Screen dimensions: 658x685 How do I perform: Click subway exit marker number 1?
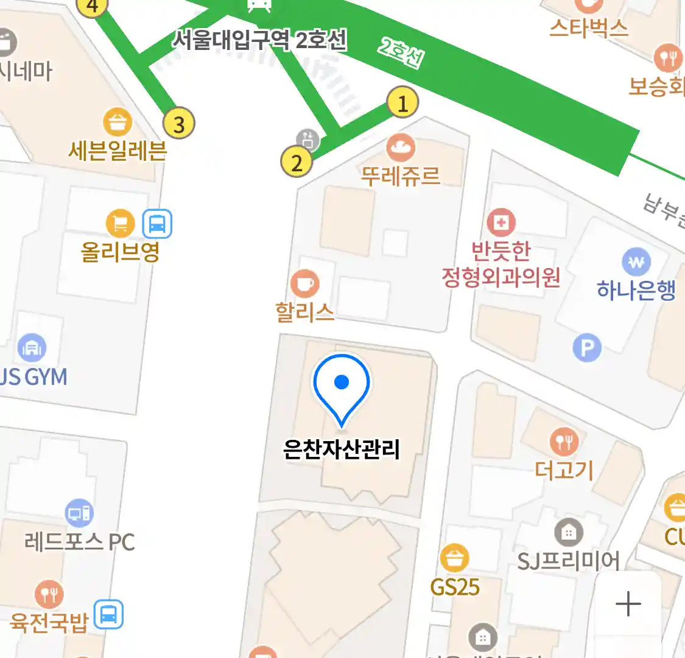pos(402,103)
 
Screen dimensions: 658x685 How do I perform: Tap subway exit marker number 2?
pos(297,162)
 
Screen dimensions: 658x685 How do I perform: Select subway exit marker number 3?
pos(179,124)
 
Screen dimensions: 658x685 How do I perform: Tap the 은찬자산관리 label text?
pos(342,450)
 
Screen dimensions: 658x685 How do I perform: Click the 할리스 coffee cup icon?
pos(304,283)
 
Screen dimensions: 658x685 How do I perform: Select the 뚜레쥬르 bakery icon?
pos(401,147)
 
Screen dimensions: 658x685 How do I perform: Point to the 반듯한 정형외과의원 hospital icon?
pos(501,223)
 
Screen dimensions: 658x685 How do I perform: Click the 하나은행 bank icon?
pos(636,263)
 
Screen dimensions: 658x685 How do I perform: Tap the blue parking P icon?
pos(587,348)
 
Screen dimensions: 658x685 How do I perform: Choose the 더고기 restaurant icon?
pos(564,441)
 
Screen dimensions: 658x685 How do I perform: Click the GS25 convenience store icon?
pos(454,557)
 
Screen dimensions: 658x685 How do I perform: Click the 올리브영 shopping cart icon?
pos(121,224)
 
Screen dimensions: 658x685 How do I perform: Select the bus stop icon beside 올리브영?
pos(157,224)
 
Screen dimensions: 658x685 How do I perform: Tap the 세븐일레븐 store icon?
pos(118,122)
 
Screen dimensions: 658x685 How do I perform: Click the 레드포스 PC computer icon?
pos(80,514)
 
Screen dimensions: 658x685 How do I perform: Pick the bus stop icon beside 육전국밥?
pos(108,614)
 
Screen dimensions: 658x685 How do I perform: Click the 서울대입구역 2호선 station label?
pos(259,41)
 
